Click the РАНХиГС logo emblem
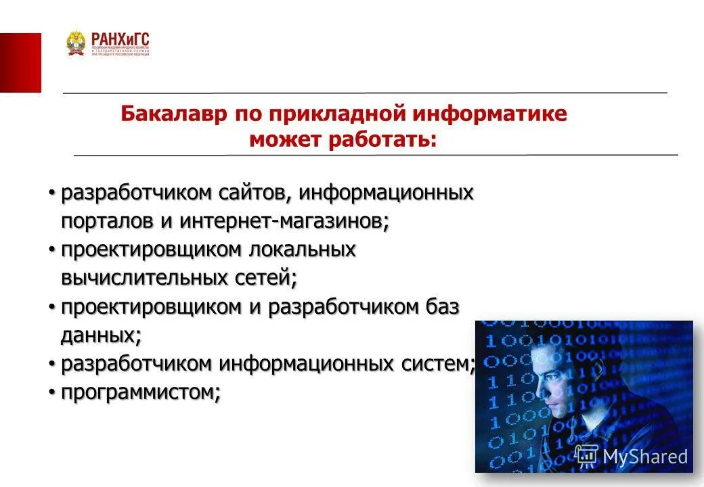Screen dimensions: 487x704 [76, 43]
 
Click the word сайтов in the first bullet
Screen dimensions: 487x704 [255, 193]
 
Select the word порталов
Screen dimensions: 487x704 [100, 221]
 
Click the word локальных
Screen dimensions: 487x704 [303, 250]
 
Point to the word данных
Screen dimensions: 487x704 [101, 335]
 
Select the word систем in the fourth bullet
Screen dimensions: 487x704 [439, 364]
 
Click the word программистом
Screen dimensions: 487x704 [141, 392]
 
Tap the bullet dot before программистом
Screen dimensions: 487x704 [51, 392]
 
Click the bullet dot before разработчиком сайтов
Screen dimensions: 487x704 [51, 193]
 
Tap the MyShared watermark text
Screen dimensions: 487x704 [644, 457]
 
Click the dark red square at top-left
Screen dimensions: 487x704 [20, 62]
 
